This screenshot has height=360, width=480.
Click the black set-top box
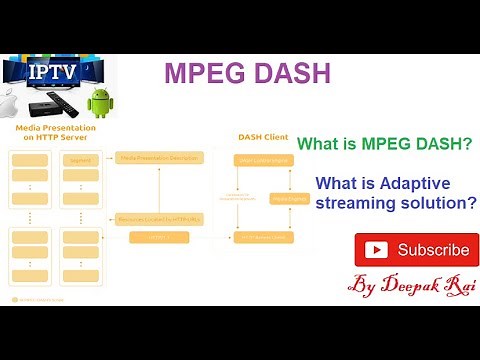click(44, 108)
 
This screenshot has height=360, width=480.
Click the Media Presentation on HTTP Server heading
click(56, 135)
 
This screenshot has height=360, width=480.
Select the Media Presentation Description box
click(159, 158)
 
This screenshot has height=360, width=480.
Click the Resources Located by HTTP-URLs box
click(159, 218)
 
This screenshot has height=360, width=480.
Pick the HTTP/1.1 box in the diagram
click(159, 237)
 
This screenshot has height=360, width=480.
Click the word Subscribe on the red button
click(433, 250)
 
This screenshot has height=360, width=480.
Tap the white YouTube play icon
click(376, 250)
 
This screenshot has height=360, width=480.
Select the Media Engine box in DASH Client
click(290, 198)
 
